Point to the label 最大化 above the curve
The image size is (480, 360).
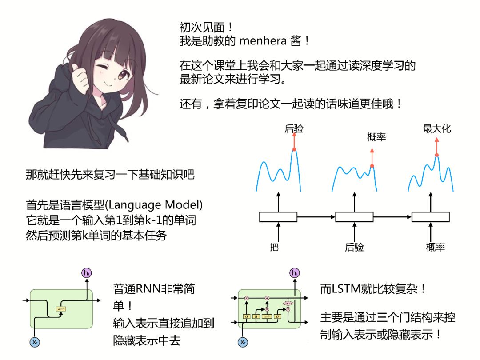(x=437, y=129)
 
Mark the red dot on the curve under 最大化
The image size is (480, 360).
(x=437, y=155)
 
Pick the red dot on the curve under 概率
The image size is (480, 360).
(x=372, y=166)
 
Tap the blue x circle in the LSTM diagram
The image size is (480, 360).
(x=242, y=342)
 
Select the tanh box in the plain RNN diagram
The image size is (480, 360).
(x=60, y=308)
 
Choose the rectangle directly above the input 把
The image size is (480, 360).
(x=278, y=217)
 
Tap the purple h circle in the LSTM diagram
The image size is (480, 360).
(x=294, y=273)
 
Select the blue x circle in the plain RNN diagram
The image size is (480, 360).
(x=35, y=342)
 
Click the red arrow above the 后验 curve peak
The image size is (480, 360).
(x=294, y=141)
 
